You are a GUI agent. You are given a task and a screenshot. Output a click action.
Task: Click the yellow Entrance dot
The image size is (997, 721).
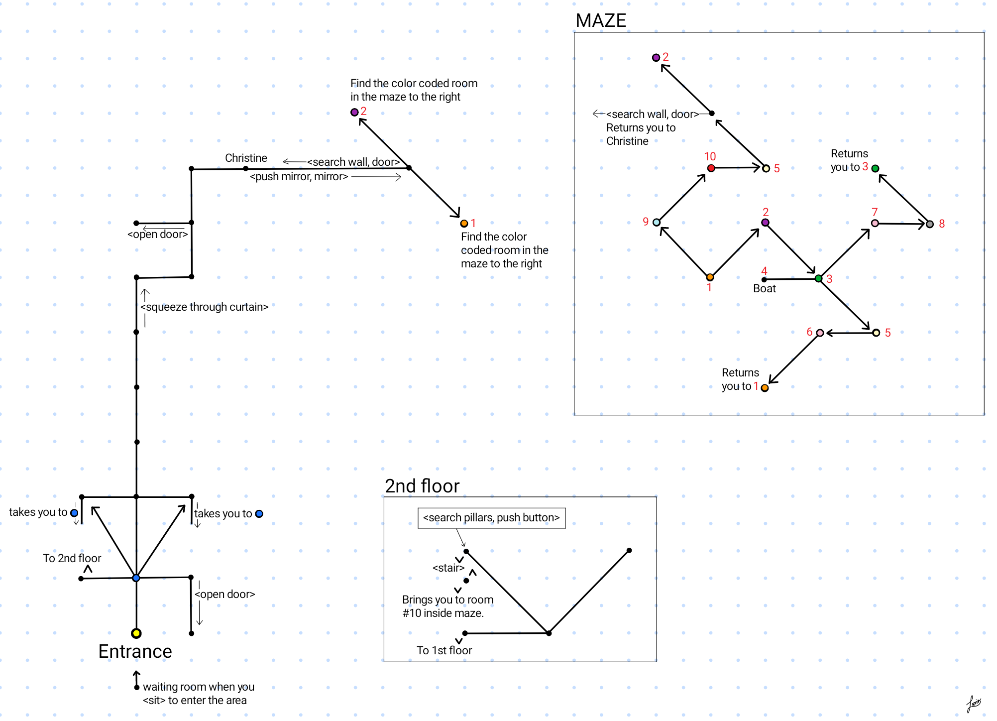pos(136,633)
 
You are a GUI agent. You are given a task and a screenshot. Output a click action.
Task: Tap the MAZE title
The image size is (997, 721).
pos(600,20)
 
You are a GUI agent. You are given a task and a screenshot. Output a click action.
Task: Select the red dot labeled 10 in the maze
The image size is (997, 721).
pos(711,168)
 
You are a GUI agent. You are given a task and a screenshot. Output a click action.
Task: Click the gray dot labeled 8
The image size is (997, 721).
pos(929,224)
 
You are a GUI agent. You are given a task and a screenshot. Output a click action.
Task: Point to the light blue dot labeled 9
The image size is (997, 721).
pos(657,223)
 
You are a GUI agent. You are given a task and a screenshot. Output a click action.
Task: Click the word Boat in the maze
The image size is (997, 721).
pos(764,289)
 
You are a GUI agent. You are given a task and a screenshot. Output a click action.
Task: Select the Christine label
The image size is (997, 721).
pos(246,158)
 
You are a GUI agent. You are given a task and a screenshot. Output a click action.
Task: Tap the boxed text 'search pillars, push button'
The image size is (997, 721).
pos(491,518)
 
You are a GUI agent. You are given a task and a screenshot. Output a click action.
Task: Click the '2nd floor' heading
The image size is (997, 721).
pos(422,486)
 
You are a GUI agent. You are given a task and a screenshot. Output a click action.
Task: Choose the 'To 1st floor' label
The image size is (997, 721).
pos(444,650)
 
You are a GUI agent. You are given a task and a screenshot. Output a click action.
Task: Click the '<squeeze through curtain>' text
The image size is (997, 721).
pos(205,307)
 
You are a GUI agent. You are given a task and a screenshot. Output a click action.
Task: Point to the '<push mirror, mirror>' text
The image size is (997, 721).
pos(299,177)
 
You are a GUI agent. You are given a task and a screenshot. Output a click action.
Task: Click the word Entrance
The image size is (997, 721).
pos(135,651)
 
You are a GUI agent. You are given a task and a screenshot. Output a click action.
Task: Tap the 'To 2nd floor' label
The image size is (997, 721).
pos(72,558)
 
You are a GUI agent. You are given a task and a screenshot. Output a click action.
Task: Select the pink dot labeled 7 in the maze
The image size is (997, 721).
pos(875,223)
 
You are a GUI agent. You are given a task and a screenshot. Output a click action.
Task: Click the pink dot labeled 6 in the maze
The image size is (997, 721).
pos(820,333)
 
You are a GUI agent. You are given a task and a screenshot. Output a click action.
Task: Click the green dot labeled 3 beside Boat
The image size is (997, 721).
pos(818,278)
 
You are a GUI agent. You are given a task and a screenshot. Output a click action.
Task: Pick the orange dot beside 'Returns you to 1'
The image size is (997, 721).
pos(765,388)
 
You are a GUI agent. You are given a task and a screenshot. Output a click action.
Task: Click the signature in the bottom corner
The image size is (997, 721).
pos(973,704)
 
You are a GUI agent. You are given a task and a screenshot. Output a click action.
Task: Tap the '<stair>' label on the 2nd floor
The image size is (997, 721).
pos(448,568)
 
